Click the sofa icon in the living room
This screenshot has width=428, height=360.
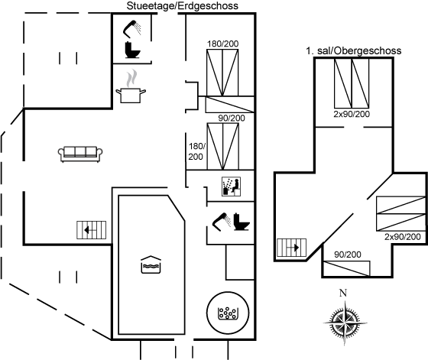(80, 154)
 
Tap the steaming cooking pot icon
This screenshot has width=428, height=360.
(131, 87)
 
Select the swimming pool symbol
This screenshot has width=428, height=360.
(151, 264)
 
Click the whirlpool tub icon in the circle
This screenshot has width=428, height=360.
(228, 313)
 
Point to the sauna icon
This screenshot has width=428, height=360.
(231, 186)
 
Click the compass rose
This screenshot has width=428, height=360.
(345, 323)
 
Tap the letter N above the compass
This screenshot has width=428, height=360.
(343, 293)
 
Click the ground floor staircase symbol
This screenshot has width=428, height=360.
(91, 230)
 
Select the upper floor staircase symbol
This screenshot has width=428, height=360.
(291, 248)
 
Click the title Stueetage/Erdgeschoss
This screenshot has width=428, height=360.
(183, 5)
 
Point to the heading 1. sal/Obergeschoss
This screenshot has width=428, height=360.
(353, 50)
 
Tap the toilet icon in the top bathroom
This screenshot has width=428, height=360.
(132, 50)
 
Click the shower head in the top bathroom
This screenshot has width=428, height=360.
(132, 29)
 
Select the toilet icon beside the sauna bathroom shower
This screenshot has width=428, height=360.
(242, 222)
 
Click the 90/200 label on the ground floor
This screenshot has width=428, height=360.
(232, 118)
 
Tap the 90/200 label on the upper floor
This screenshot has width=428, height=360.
(348, 255)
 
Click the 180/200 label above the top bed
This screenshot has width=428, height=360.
(222, 44)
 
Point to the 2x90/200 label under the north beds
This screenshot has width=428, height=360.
(352, 114)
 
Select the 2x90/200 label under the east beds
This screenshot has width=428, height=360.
(403, 237)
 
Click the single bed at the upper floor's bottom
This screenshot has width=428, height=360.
(347, 268)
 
